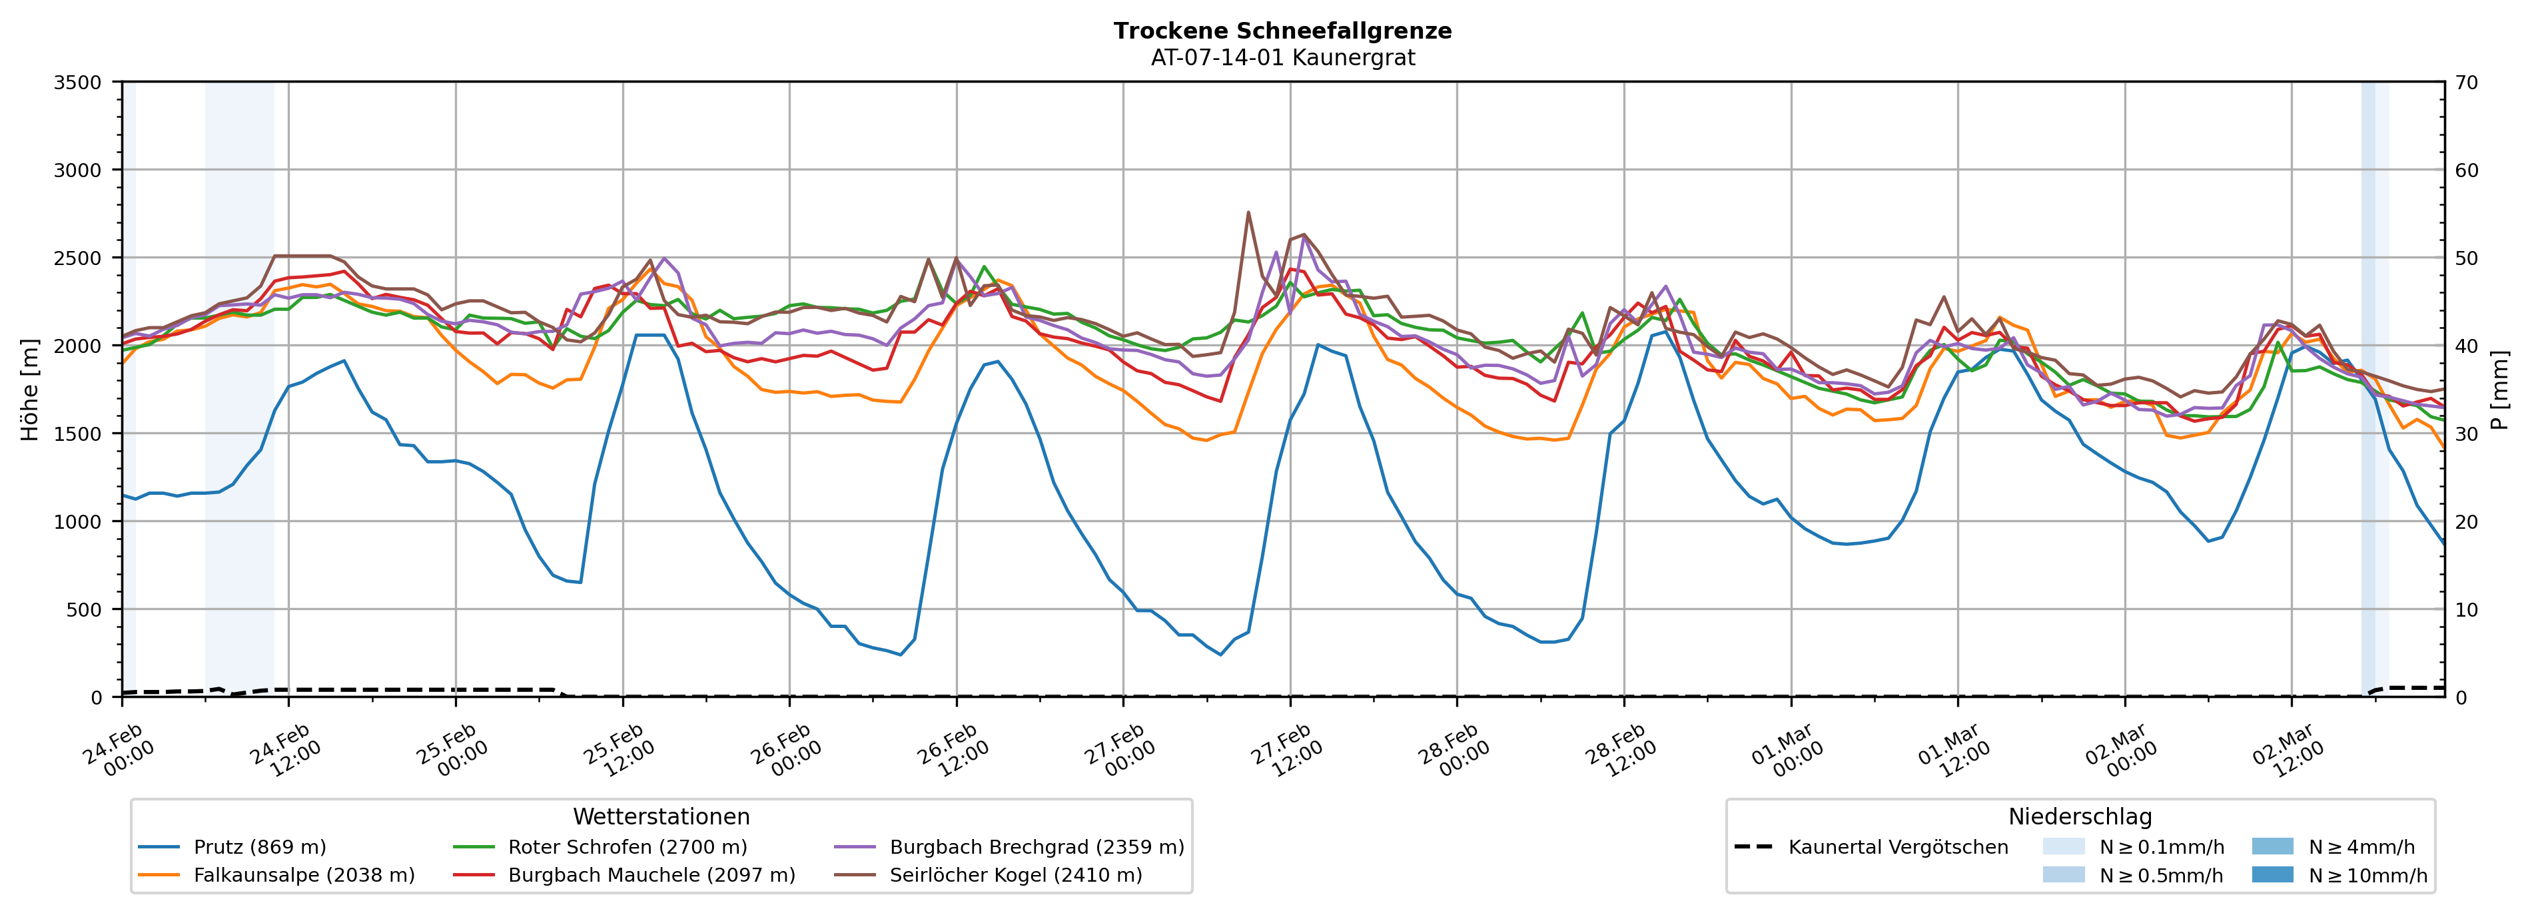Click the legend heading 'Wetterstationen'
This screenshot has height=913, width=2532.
pos(661,816)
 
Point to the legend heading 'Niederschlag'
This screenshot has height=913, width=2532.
pos(2080,816)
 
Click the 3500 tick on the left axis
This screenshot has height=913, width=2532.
pos(78,83)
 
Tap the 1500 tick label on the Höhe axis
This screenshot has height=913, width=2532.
pos(78,434)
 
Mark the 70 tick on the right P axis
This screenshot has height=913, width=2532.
pos(2466,83)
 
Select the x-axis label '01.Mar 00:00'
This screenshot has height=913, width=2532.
pos(1788,752)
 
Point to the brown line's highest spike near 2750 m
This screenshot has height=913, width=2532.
pos(1248,212)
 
